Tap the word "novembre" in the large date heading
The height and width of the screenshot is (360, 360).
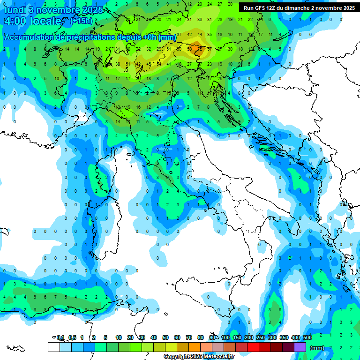[x=60, y=10]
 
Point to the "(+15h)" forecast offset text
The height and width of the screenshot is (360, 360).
[x=81, y=21]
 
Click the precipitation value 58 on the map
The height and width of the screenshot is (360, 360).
[x=190, y=49]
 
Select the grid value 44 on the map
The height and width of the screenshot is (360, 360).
[x=200, y=34]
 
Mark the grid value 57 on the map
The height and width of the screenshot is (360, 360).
[x=200, y=49]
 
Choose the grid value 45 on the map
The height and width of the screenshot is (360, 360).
[x=149, y=64]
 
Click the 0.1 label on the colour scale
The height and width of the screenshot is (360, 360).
[x=60, y=337]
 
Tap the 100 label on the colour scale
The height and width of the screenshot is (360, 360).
[x=225, y=337]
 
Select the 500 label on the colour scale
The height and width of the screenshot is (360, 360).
[x=307, y=337]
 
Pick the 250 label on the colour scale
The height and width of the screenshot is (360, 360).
[x=261, y=337]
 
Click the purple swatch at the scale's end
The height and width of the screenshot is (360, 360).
[x=300, y=347]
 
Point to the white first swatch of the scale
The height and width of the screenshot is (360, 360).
[x=53, y=347]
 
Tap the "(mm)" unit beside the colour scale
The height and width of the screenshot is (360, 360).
[x=317, y=348]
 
